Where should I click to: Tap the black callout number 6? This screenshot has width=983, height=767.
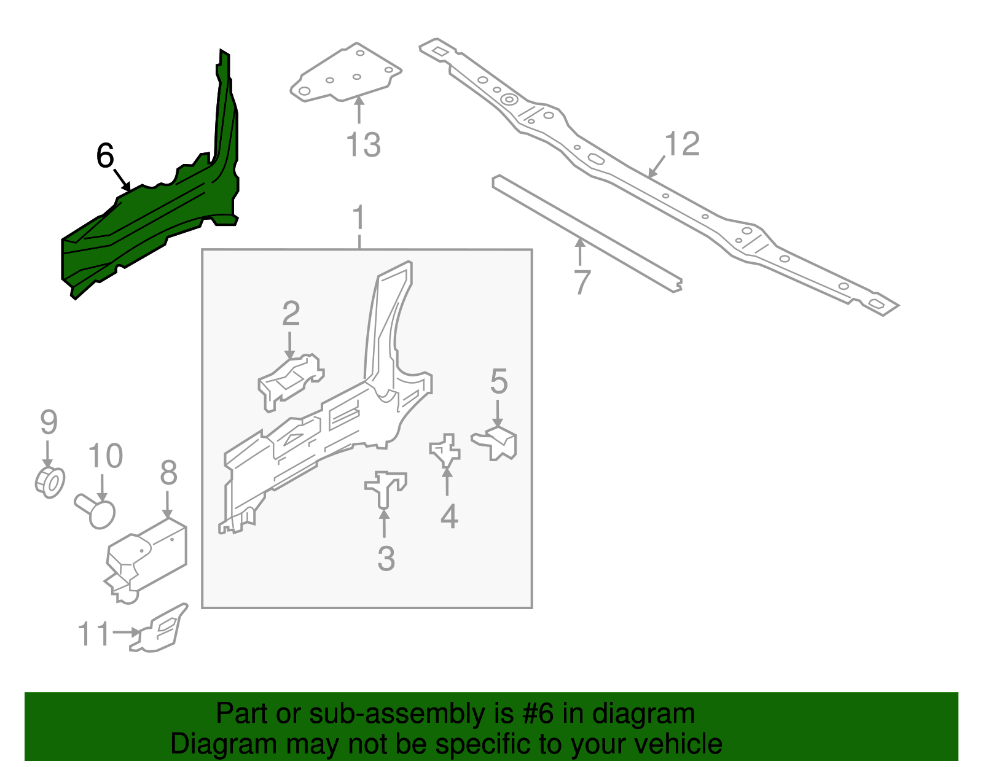coord(105,156)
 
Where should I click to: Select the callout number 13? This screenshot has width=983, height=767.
coord(363,146)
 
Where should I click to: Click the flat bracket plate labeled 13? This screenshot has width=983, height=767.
coord(347,74)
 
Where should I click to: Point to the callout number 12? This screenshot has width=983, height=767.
coord(682,144)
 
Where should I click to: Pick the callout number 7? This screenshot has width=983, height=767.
coord(581,282)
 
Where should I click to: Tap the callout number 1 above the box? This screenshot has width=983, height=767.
coord(359,219)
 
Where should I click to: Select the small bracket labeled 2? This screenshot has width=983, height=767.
coord(289,381)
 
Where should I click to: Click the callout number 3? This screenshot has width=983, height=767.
coord(386,559)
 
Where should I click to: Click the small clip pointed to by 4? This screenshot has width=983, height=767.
coord(445,450)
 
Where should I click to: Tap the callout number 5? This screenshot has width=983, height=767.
coord(499,382)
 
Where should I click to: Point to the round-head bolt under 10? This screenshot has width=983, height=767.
coord(97,512)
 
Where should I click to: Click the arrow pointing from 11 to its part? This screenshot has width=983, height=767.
coord(127,632)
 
